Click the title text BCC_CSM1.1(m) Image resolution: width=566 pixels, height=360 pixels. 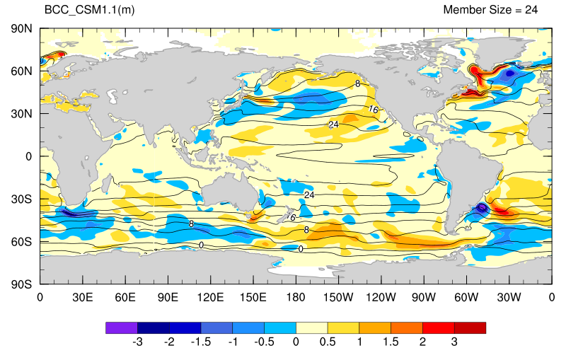click(x=89, y=10)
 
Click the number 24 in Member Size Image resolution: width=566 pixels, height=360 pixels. click(x=531, y=10)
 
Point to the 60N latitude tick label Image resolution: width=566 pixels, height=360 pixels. click(x=22, y=71)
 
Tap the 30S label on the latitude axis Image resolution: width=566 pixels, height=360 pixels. click(x=22, y=199)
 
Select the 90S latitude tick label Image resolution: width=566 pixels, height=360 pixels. click(x=22, y=284)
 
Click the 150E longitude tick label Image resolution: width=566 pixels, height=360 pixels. click(x=253, y=298)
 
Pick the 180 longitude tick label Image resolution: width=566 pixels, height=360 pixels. click(x=296, y=298)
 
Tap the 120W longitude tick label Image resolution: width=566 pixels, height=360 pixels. click(x=381, y=298)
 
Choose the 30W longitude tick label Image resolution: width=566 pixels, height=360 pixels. click(x=509, y=298)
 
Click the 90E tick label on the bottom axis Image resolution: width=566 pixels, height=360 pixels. click(x=168, y=298)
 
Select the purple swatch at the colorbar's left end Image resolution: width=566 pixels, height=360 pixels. click(x=122, y=328)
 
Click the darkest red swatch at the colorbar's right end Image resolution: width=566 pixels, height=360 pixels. click(x=470, y=328)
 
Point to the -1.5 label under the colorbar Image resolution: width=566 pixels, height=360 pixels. click(x=201, y=342)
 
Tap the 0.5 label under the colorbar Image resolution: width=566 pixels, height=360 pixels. click(x=328, y=342)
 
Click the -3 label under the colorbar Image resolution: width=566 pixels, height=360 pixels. click(x=137, y=342)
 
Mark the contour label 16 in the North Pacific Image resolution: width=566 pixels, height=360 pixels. click(x=374, y=110)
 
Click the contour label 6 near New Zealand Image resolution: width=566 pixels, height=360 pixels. click(x=293, y=218)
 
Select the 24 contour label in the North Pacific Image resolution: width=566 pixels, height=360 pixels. click(x=333, y=124)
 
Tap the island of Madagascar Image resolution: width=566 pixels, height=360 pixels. click(x=106, y=184)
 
